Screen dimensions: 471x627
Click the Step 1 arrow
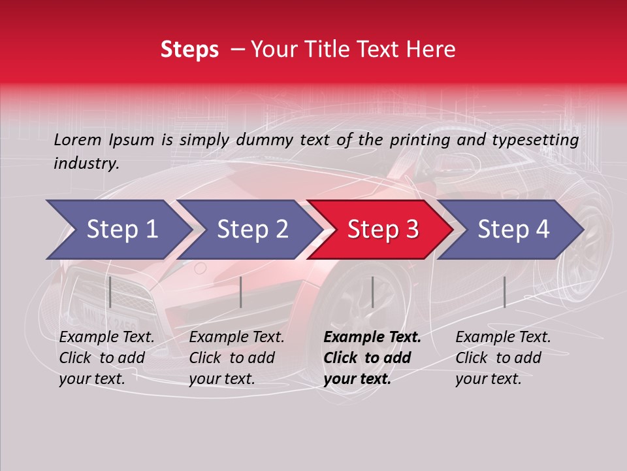click(121, 230)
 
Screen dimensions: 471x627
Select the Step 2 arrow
click(251, 230)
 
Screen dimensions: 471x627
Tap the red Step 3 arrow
click(382, 230)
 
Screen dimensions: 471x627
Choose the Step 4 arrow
click(513, 230)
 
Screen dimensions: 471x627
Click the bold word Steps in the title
click(189, 50)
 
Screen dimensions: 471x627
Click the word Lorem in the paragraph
click(78, 139)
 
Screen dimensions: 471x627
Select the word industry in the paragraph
click(86, 164)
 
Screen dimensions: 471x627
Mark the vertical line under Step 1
click(110, 292)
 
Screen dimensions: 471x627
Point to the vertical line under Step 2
click(241, 292)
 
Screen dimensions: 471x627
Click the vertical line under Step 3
click(372, 292)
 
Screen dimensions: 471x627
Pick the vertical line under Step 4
click(504, 292)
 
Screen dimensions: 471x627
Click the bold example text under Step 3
click(371, 358)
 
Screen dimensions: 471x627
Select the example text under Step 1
click(106, 358)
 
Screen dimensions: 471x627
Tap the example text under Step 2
click(236, 358)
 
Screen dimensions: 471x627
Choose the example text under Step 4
click(502, 358)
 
